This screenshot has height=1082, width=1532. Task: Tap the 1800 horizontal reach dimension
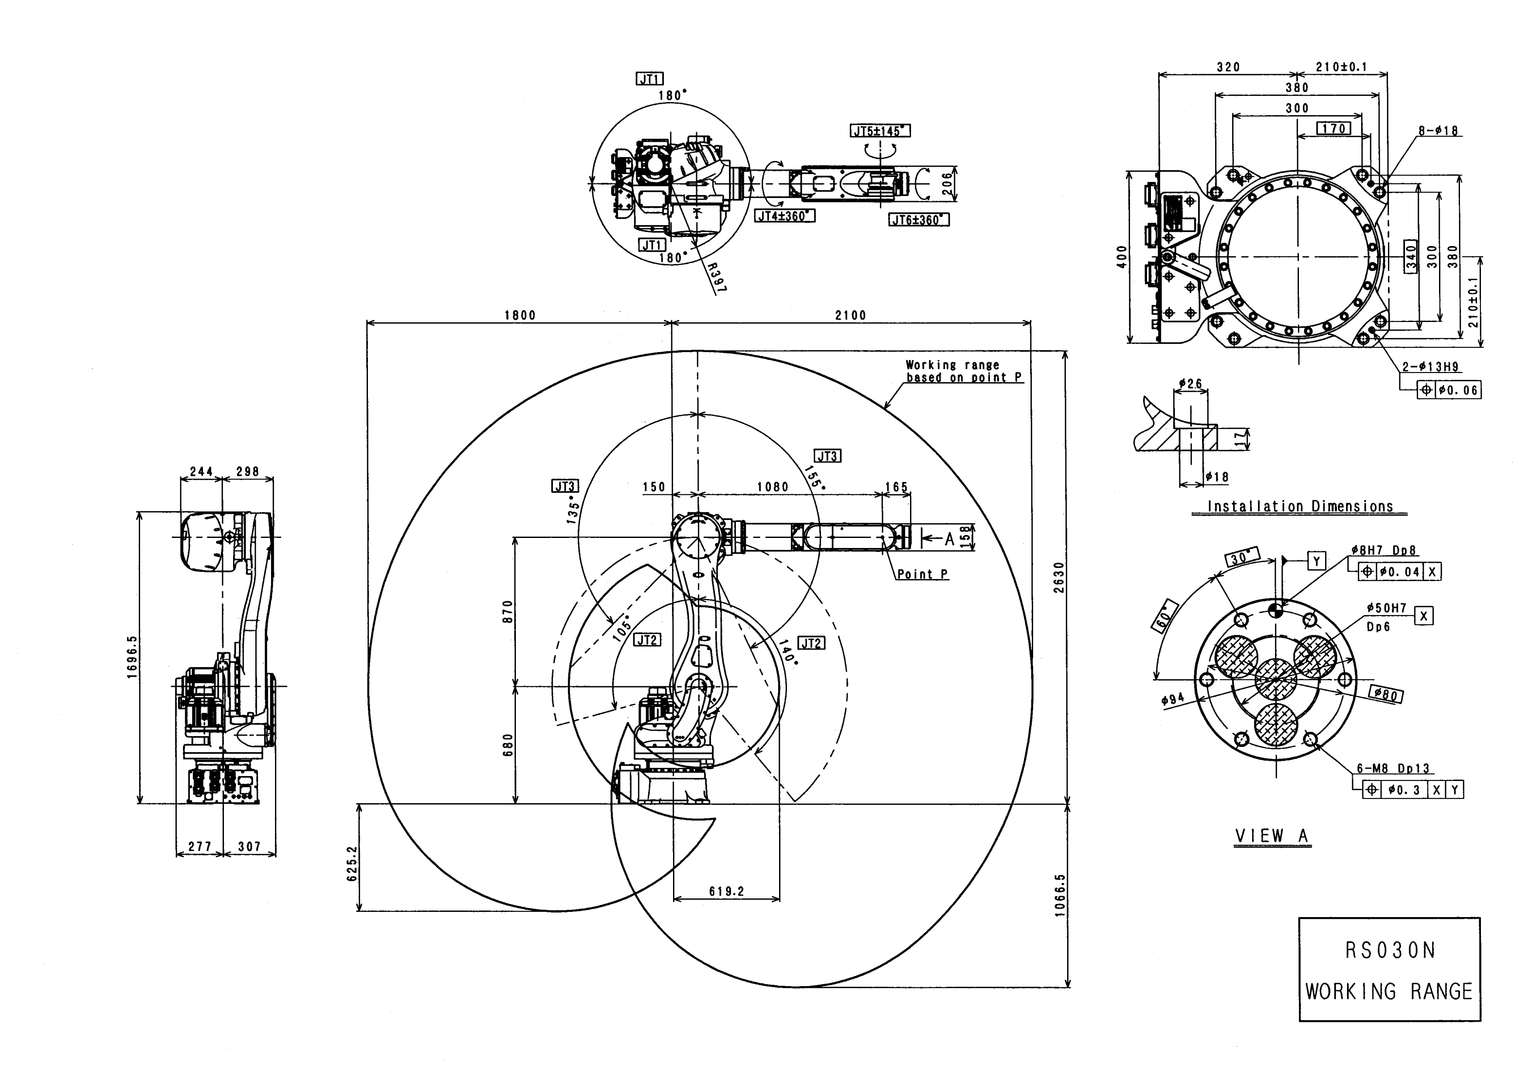coord(520,315)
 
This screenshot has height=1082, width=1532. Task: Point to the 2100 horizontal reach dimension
coord(851,315)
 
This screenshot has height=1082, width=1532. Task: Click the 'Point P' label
coord(922,574)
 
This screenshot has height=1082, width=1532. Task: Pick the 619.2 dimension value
coord(727,891)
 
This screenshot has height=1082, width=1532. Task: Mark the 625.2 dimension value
coord(352,864)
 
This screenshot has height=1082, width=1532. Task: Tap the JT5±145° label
coord(880,131)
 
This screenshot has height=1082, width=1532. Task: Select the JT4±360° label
coord(785,216)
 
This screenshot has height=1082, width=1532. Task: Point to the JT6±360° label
coord(919,220)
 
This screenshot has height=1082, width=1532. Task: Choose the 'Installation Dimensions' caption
coord(1300,507)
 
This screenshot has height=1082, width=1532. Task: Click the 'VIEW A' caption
coord(1272,836)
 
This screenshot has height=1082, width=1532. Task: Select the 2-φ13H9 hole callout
coord(1430,367)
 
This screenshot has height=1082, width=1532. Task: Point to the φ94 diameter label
coord(1172,700)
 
